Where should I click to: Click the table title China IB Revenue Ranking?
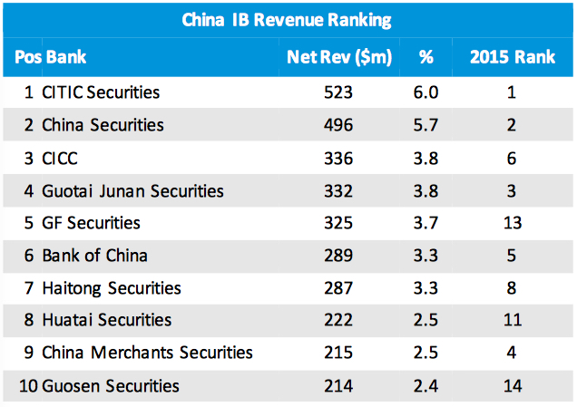click(x=288, y=19)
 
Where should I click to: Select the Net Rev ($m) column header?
click(x=338, y=57)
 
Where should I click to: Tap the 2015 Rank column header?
click(x=513, y=57)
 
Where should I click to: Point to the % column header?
click(x=425, y=57)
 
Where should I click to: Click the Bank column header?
click(x=67, y=57)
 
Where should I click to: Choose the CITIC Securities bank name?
click(x=101, y=92)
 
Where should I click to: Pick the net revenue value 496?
click(x=337, y=125)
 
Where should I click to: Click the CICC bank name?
click(x=60, y=158)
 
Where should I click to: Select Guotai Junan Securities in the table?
click(x=132, y=190)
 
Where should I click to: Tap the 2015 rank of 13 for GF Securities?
click(x=513, y=223)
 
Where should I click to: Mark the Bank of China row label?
click(x=95, y=256)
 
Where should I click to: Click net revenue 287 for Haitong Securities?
click(x=337, y=288)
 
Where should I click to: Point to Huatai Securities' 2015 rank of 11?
click(x=513, y=320)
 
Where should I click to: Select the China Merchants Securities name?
click(x=147, y=353)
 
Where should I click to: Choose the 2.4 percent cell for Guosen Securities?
click(x=425, y=386)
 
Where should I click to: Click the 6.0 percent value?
click(x=425, y=92)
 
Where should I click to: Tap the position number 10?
click(x=25, y=386)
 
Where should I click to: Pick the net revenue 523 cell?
click(x=337, y=92)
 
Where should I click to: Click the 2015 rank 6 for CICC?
click(x=513, y=158)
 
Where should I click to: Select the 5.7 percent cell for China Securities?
click(x=425, y=125)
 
